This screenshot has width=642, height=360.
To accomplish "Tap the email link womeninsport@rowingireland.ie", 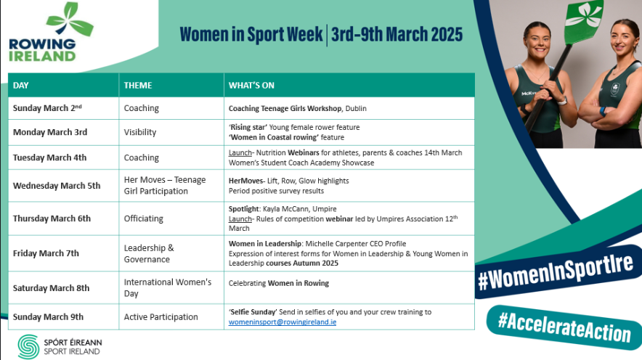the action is coord(283,322).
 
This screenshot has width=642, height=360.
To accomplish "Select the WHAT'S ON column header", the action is coord(251,86).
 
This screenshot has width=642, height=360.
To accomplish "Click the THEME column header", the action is coord(138,86).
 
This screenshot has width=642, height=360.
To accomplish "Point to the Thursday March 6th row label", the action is coord(52,218).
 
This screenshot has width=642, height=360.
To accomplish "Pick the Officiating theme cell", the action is coord(143,218).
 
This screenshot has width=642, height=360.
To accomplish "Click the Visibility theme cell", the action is coord(140,132).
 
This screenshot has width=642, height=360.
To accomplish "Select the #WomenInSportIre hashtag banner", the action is coord(556,271).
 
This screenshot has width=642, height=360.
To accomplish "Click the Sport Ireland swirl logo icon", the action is coord(28,347).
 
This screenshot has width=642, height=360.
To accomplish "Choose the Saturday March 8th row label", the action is coord(51,288).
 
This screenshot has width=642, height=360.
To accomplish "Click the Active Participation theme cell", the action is coord(161,317).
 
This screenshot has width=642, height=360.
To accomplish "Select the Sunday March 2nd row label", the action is coord(47,108).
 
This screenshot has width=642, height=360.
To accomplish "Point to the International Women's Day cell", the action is coord(168,287).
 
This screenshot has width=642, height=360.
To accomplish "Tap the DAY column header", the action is coord(21,86).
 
